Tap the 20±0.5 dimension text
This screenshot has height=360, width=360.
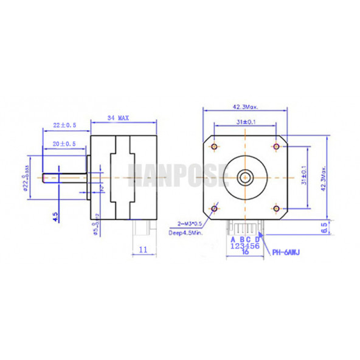tap(64, 144)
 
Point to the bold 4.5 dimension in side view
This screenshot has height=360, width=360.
tap(55, 217)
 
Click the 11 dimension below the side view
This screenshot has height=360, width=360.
tap(144, 249)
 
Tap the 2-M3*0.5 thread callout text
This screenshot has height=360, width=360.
tap(191, 223)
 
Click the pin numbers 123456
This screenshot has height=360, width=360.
tap(246, 246)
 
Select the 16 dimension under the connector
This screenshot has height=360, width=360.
tap(246, 253)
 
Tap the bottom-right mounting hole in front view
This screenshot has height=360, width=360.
tap(277, 209)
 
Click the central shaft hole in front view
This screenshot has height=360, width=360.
tap(246, 178)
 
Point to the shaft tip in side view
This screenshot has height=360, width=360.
tap(43, 178)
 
